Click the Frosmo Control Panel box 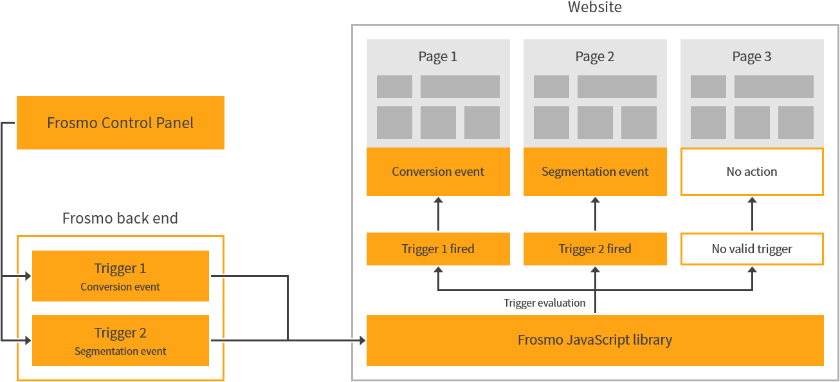tap(120, 122)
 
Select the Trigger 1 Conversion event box tap(120, 276)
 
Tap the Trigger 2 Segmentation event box tap(120, 341)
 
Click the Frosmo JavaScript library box tap(595, 340)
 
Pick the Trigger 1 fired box tap(438, 249)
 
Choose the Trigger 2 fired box tap(595, 249)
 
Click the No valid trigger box tap(752, 249)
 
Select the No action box tap(752, 172)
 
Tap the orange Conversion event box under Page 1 tap(438, 172)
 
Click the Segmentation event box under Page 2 tap(595, 172)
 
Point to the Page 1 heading tap(438, 57)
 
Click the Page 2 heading tap(595, 57)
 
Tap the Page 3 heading tap(752, 57)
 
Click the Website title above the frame tap(595, 8)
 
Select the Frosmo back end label tap(120, 218)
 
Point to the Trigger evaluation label tap(545, 303)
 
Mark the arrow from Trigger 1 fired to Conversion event tap(438, 215)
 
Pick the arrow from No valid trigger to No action tap(752, 215)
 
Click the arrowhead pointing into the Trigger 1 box tap(28, 276)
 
